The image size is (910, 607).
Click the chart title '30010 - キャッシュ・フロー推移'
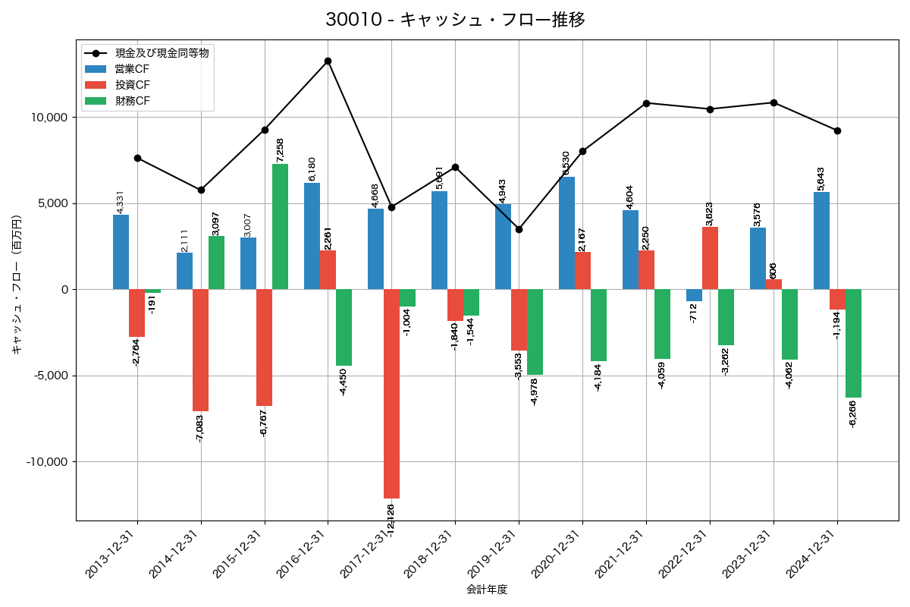[x=455, y=20]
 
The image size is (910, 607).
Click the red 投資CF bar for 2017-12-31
[x=391, y=394]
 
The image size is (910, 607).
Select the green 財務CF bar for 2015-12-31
[x=280, y=227]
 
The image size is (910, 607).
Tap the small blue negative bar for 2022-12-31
[x=694, y=295]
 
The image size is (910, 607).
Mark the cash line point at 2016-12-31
[x=328, y=61]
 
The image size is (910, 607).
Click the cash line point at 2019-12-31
[x=519, y=229]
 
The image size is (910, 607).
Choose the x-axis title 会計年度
[x=487, y=590]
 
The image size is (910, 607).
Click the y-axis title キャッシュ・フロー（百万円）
[x=17, y=285]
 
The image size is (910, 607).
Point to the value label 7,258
[x=280, y=149]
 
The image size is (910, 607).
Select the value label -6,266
[x=853, y=414]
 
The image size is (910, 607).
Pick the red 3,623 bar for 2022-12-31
[x=710, y=258]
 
